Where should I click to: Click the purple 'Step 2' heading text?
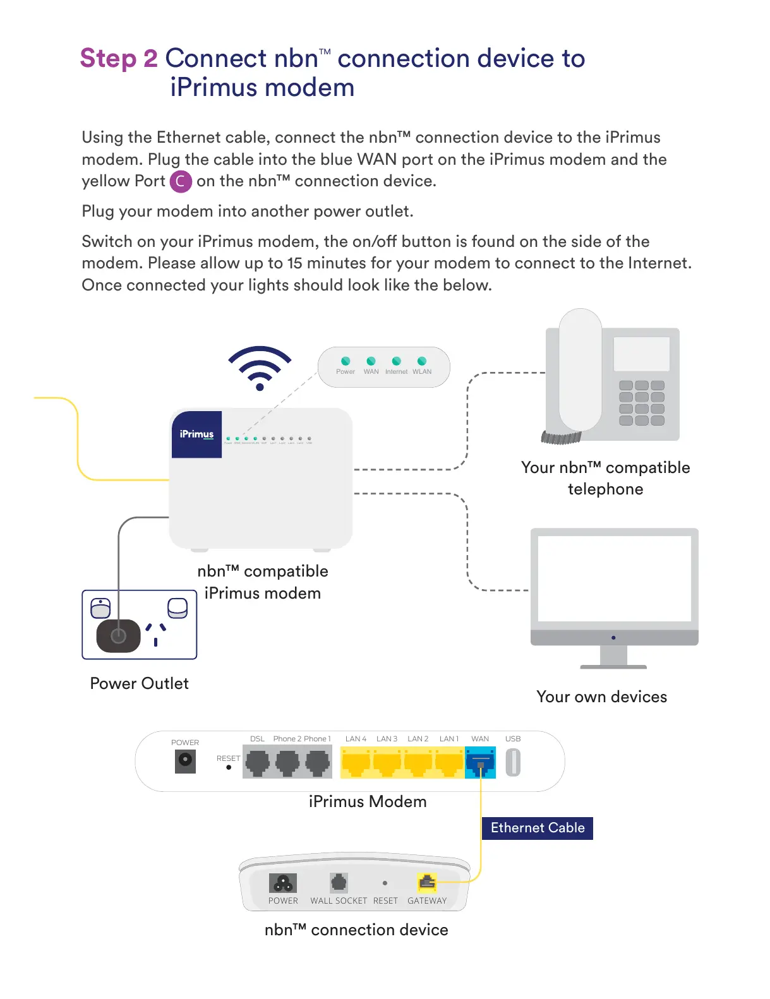[x=119, y=58]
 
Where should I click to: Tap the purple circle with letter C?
[x=181, y=181]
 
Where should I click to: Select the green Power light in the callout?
[x=346, y=361]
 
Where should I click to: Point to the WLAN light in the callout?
[x=422, y=361]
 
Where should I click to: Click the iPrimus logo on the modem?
[x=196, y=434]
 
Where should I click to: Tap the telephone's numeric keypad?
[x=641, y=403]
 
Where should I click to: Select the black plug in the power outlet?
[x=118, y=635]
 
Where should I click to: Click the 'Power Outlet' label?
[x=139, y=683]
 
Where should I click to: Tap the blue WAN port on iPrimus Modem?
[x=480, y=762]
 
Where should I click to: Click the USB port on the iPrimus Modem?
[x=513, y=762]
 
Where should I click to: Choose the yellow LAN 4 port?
[x=356, y=762]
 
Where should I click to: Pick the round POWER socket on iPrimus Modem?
[x=185, y=760]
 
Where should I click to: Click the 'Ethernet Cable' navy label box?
[x=537, y=828]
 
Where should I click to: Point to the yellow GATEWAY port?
[x=428, y=882]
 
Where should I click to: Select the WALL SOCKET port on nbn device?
[x=339, y=882]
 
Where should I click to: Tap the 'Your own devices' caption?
[x=601, y=697]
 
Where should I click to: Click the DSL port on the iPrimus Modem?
[x=257, y=762]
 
